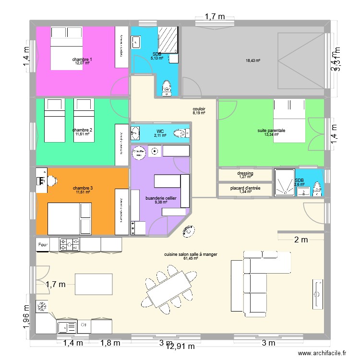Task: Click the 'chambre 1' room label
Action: [82, 59]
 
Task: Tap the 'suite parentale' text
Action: [271, 130]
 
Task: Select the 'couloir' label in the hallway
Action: [199, 109]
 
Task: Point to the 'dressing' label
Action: [245, 173]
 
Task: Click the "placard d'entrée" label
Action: [245, 188]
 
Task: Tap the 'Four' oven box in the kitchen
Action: [43, 245]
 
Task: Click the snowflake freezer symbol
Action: [42, 305]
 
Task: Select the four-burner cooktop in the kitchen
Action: [70, 245]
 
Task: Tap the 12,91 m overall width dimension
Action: [180, 346]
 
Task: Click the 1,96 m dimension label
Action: [26, 318]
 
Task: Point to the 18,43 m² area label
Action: [253, 60]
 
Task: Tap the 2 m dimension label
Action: [300, 240]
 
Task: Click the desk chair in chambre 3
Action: [51, 180]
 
